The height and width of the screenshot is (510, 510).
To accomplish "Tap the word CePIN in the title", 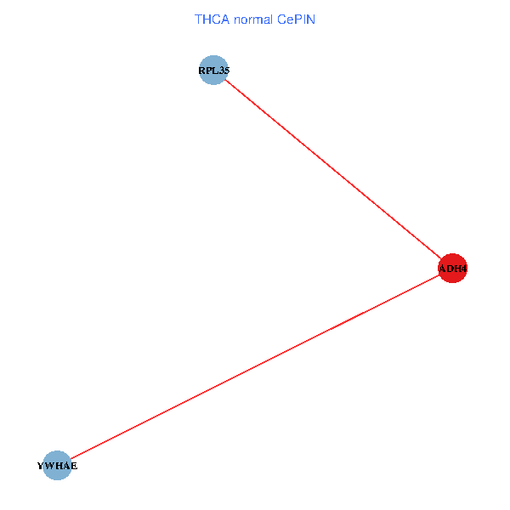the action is click(295, 19).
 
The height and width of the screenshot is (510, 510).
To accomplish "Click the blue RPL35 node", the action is click(214, 71).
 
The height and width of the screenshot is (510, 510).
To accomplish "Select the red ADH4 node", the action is click(452, 269).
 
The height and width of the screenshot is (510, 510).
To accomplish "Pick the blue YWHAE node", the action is click(57, 466).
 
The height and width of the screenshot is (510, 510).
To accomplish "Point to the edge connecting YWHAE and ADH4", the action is click(255, 367).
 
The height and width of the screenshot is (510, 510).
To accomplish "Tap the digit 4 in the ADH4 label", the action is click(463, 269).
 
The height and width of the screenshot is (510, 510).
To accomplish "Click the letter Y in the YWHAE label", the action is click(41, 467).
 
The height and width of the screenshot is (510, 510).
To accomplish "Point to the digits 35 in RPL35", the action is click(223, 71).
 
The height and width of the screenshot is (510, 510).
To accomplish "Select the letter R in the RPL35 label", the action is click(202, 71).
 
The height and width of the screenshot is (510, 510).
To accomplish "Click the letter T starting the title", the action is click(198, 19).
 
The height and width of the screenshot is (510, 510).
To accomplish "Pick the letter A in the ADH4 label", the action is click(442, 269).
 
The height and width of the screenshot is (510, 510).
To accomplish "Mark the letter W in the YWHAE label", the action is click(48, 467).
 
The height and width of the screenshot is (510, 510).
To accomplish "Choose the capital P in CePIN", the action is click(295, 19).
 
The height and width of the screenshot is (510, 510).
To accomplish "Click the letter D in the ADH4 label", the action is click(449, 269).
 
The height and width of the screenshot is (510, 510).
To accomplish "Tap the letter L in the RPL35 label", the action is click(215, 71).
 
